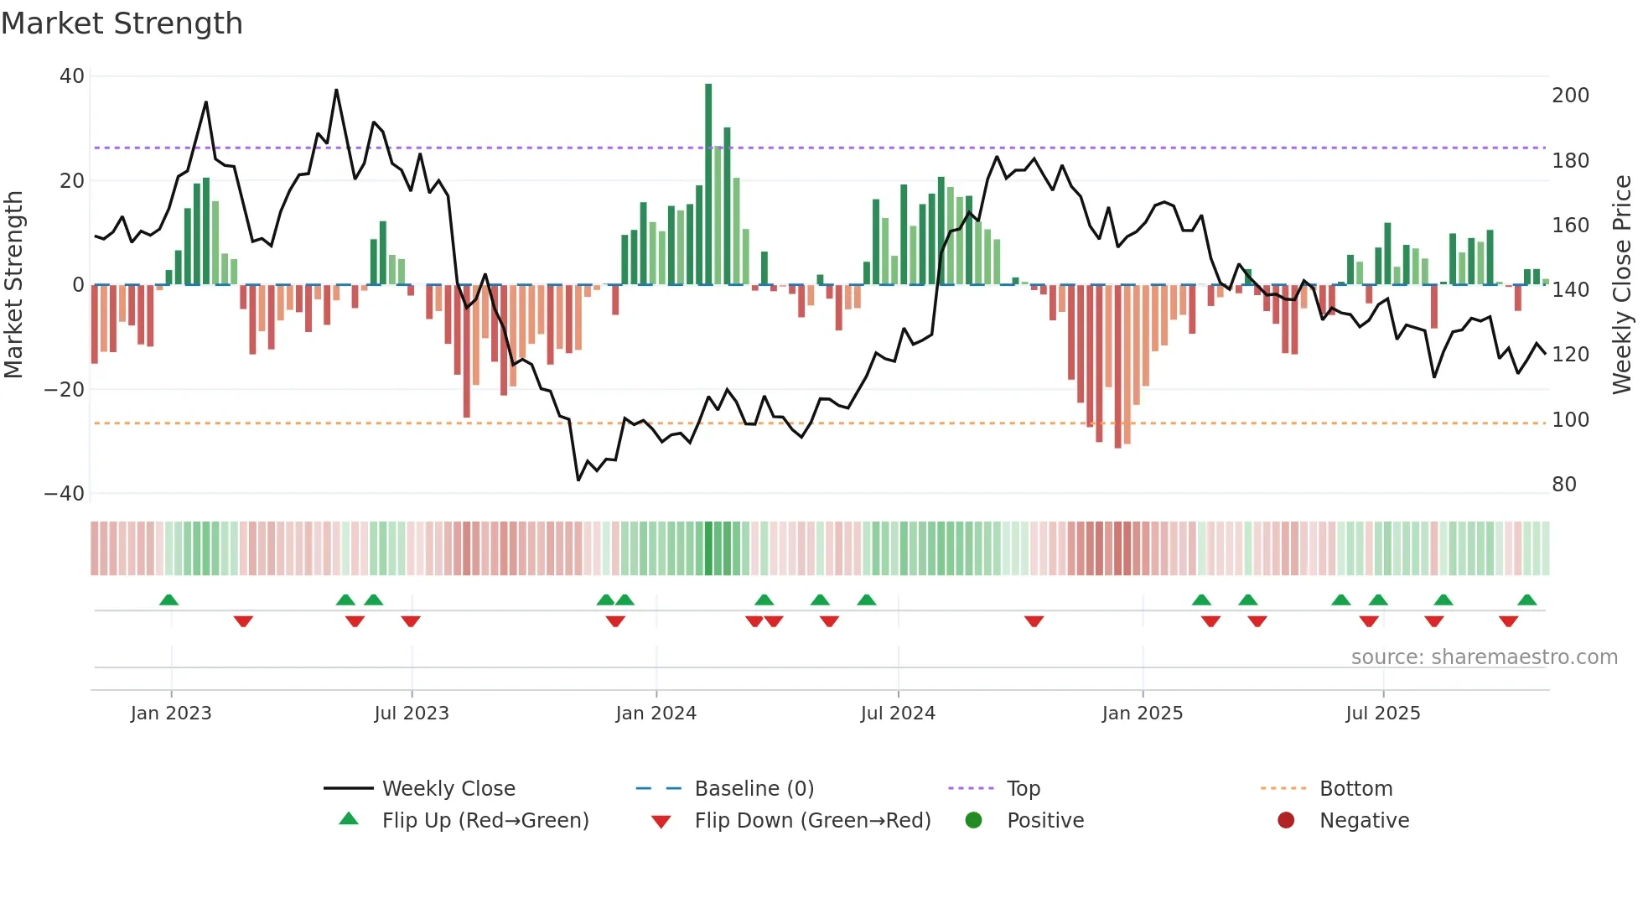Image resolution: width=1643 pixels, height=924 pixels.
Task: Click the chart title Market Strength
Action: [x=122, y=23]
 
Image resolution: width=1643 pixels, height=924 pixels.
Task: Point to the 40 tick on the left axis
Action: [x=72, y=76]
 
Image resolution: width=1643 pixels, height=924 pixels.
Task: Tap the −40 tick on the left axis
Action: [x=65, y=494]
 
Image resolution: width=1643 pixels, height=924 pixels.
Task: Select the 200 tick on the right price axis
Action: [x=1570, y=96]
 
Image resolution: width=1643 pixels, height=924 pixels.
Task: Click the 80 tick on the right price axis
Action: [x=1564, y=485]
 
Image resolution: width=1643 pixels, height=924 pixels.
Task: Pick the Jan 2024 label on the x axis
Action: [x=656, y=714]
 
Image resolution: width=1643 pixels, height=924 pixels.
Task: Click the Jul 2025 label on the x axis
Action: [x=1382, y=714]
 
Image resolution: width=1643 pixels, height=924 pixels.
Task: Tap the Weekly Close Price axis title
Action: [x=1622, y=285]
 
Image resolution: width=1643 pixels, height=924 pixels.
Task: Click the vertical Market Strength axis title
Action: [x=13, y=285]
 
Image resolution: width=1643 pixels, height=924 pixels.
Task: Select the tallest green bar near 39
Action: [x=708, y=184]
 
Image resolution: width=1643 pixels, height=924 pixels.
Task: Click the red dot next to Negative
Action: [x=1286, y=820]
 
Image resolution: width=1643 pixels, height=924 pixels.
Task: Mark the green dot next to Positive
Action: [x=973, y=820]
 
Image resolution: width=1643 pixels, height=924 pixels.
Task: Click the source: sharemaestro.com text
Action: [x=1484, y=657]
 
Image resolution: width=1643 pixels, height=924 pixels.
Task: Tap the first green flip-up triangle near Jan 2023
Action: [x=168, y=600]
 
